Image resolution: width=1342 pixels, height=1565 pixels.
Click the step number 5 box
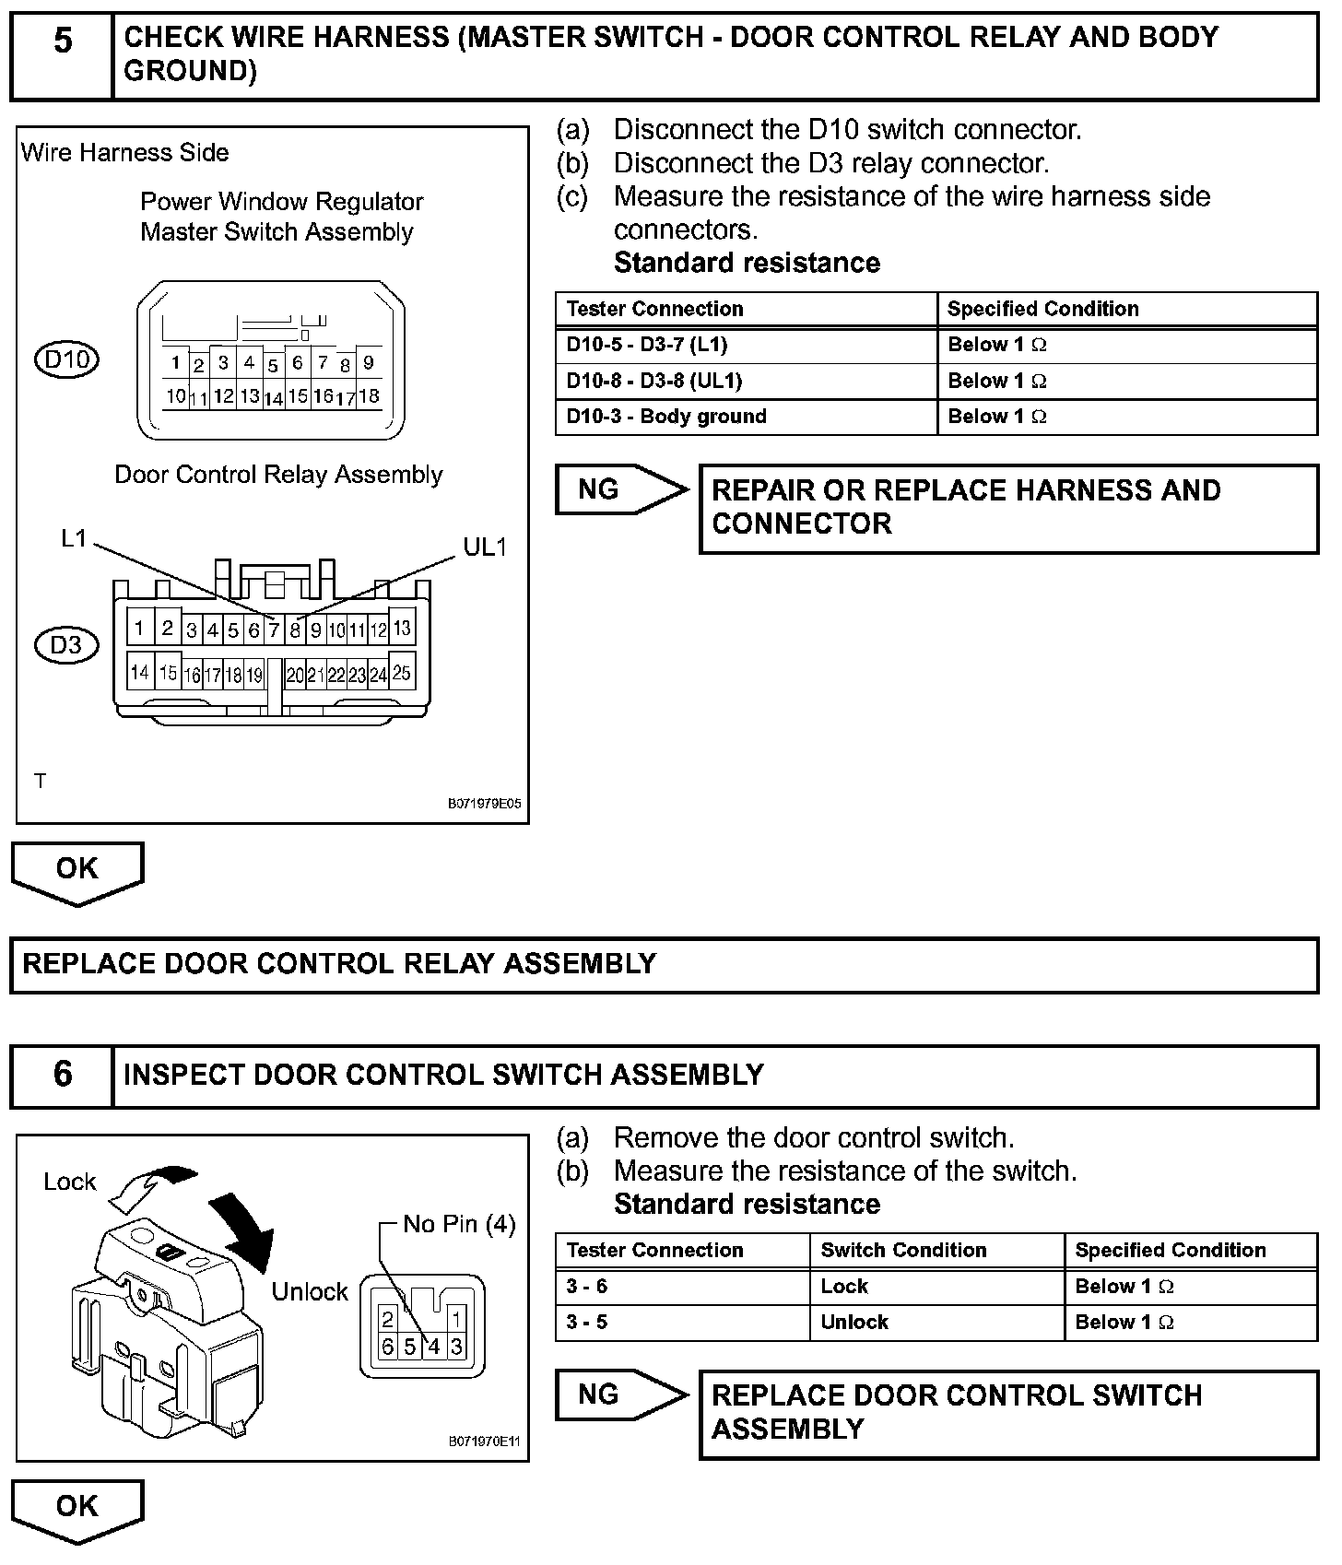click(x=62, y=55)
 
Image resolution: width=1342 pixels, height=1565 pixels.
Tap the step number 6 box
click(x=62, y=1075)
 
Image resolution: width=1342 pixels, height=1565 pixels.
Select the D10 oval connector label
click(x=66, y=359)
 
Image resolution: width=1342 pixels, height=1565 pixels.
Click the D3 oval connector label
click(x=65, y=645)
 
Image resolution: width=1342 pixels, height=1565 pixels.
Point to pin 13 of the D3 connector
click(x=402, y=629)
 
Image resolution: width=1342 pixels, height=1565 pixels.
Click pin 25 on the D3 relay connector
click(x=402, y=673)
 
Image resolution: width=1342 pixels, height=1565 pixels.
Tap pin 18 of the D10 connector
click(x=369, y=396)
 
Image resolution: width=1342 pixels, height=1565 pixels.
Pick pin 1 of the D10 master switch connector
click(x=175, y=362)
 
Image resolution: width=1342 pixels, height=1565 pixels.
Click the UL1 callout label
click(x=485, y=547)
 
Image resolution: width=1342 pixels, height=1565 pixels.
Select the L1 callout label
click(x=74, y=538)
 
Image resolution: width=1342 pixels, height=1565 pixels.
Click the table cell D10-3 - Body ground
click(x=745, y=417)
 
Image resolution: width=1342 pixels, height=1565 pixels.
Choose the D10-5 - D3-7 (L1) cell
click(x=745, y=345)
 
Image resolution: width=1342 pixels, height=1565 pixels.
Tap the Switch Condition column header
click(x=936, y=1250)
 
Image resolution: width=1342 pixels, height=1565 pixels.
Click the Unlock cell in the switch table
click(x=936, y=1322)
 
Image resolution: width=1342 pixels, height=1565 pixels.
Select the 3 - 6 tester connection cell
click(x=682, y=1286)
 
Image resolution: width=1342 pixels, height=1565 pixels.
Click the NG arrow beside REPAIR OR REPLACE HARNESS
click(x=621, y=489)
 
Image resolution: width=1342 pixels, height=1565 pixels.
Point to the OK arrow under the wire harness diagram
click(x=77, y=871)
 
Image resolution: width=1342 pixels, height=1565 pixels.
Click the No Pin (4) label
click(x=459, y=1224)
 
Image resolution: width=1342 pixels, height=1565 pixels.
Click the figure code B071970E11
click(x=485, y=1441)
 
